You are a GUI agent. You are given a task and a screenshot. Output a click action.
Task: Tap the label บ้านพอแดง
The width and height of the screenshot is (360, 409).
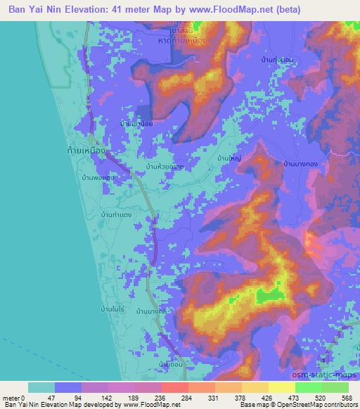97,177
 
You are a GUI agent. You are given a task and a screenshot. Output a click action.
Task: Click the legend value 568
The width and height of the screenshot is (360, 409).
346,397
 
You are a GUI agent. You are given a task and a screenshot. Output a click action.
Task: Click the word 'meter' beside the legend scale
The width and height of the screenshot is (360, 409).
11,397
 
